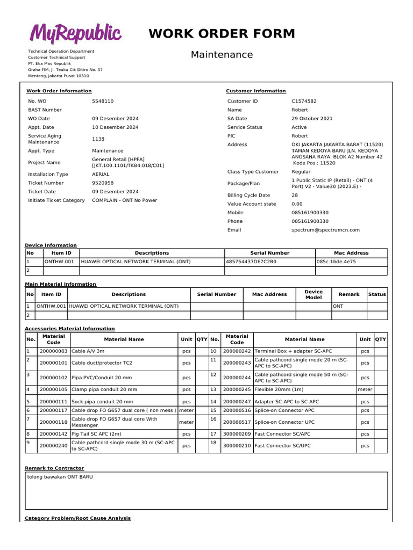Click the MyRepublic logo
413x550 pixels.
click(x=75, y=33)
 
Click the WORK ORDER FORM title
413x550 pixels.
click(x=222, y=34)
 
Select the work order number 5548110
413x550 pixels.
click(x=103, y=101)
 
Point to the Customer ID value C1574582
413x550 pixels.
click(x=304, y=101)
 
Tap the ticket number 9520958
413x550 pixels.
click(x=103, y=183)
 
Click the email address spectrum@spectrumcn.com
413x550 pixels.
click(x=325, y=230)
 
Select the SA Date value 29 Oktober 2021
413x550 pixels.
click(x=312, y=119)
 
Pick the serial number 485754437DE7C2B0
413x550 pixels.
click(x=251, y=262)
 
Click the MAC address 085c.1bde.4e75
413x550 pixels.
click(x=336, y=262)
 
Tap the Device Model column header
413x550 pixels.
click(x=314, y=294)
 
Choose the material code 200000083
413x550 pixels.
click(x=54, y=351)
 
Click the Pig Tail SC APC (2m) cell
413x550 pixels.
click(x=96, y=434)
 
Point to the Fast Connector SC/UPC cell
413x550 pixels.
click(x=282, y=446)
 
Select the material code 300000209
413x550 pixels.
click(x=237, y=434)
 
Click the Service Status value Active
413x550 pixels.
click(x=299, y=127)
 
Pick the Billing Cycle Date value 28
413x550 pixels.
click(x=295, y=196)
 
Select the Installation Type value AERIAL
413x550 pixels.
click(x=101, y=175)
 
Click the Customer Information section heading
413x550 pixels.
click(x=256, y=91)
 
